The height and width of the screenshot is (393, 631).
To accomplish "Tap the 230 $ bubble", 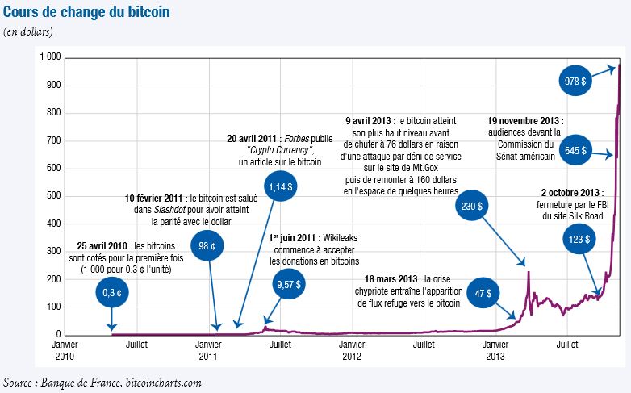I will coord(470,206).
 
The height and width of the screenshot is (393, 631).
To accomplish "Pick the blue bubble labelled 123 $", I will coord(578,239).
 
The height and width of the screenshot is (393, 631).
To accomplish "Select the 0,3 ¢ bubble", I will coord(111,293).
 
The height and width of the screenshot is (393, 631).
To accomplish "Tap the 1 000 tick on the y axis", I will coord(50,58).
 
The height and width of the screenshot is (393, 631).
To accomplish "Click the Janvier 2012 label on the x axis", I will coord(352,350).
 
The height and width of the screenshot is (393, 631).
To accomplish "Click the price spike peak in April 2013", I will coord(528,272).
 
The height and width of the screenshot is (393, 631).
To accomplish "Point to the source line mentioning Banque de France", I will coord(102,382).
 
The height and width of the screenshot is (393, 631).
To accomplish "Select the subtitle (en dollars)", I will coord(28,31).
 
